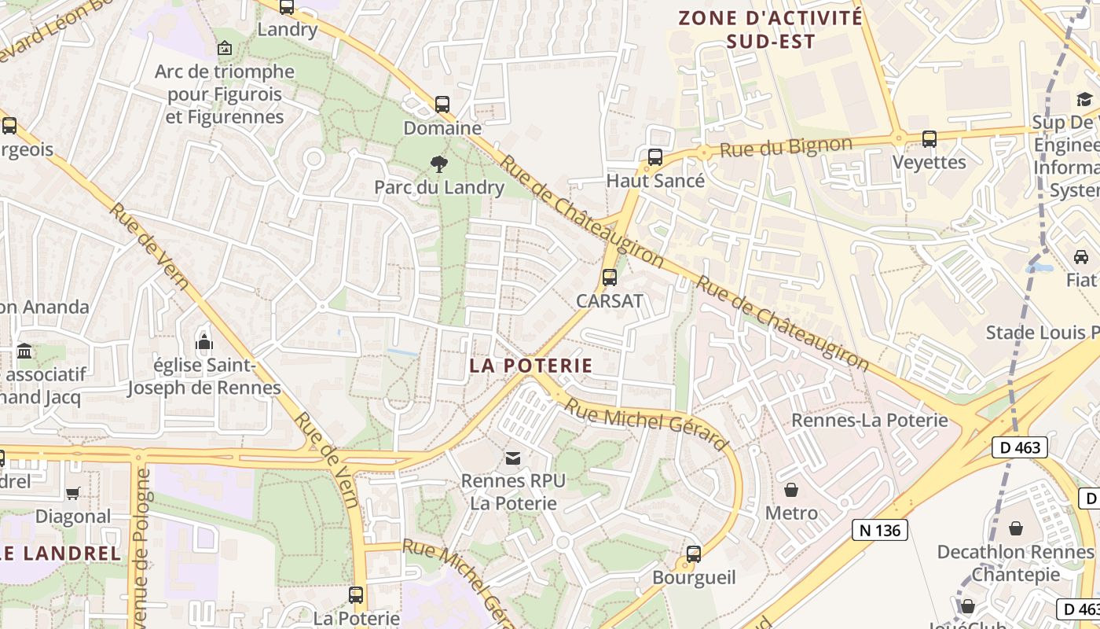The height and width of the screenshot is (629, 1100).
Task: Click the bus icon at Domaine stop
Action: tap(442, 104)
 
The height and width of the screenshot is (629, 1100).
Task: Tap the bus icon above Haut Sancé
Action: tap(655, 157)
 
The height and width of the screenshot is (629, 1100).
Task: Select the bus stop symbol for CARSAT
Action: tap(610, 278)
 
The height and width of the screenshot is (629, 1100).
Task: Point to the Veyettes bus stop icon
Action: tap(929, 139)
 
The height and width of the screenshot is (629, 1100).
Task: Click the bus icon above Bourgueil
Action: tap(694, 554)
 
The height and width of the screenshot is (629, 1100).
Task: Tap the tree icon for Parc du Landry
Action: tap(439, 164)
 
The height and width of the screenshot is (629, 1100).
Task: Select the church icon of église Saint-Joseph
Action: tap(204, 342)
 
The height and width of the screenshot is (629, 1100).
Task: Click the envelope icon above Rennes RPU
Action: tap(512, 458)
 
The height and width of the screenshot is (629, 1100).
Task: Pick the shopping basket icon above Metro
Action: tap(791, 490)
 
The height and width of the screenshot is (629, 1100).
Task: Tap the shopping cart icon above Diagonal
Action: tap(73, 493)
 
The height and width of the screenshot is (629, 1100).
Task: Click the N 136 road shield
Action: tap(880, 531)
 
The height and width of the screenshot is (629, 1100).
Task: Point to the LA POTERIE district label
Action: tap(531, 366)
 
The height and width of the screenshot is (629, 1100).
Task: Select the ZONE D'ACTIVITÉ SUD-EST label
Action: tap(770, 29)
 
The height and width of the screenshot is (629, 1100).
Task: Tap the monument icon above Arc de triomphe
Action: tap(225, 48)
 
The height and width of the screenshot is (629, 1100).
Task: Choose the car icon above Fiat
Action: tap(1081, 257)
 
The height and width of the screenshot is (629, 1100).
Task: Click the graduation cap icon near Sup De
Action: tap(1084, 99)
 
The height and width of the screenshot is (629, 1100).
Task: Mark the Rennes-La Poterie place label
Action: tap(870, 420)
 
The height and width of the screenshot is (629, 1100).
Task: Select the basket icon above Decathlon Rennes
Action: tap(1016, 528)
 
